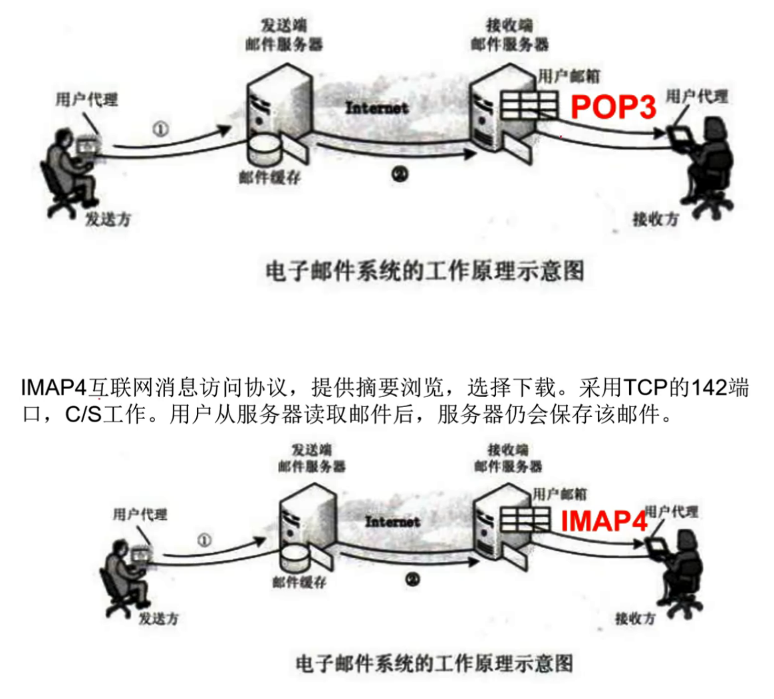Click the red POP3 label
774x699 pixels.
tap(614, 107)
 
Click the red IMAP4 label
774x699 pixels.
tap(604, 521)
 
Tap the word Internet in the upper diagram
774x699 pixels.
tap(376, 108)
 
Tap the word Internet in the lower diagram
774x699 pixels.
tap(392, 522)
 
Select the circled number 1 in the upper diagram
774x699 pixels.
tap(160, 129)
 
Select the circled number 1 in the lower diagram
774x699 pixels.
tap(205, 540)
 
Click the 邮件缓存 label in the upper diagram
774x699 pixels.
tap(269, 177)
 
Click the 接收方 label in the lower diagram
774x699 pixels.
tap(634, 619)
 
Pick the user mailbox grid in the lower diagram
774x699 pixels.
tap(525, 519)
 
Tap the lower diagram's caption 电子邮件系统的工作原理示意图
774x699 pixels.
tap(434, 663)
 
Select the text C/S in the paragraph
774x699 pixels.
tap(82, 415)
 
